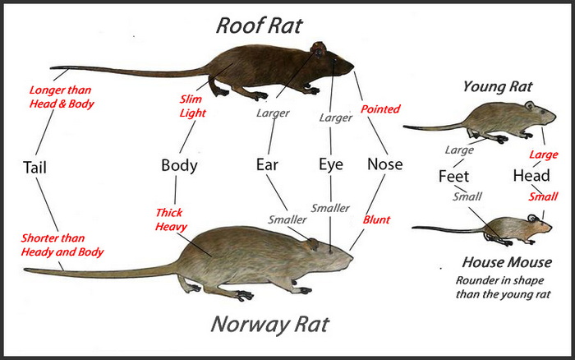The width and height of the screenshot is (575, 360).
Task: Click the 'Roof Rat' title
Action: (260, 25)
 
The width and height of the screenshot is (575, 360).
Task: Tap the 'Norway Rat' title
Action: (270, 325)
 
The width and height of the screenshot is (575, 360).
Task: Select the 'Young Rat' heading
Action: (498, 87)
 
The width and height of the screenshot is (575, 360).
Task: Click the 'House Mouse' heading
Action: (507, 262)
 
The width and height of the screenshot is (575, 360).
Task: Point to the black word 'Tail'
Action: (34, 168)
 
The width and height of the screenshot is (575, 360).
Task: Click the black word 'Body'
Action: (179, 166)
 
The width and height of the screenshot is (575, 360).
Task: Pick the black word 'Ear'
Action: (267, 164)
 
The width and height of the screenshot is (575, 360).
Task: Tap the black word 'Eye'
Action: (331, 164)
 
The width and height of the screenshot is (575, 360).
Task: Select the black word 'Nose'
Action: (385, 164)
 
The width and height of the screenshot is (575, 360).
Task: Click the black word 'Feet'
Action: (453, 177)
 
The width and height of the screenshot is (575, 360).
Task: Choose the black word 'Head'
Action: (531, 176)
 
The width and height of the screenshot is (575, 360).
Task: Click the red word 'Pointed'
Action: (380, 109)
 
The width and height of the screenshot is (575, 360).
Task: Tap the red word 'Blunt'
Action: (376, 219)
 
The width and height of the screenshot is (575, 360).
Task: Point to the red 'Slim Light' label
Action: (192, 106)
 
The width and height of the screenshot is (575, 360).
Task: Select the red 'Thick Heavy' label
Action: (171, 219)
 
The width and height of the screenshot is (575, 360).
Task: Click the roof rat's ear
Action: (319, 49)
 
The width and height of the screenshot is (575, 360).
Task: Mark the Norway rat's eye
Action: (330, 252)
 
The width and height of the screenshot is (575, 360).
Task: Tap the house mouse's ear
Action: (532, 219)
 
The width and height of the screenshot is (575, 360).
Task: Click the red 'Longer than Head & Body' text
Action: (62, 97)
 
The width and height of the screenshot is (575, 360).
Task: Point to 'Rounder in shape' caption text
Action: (499, 281)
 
